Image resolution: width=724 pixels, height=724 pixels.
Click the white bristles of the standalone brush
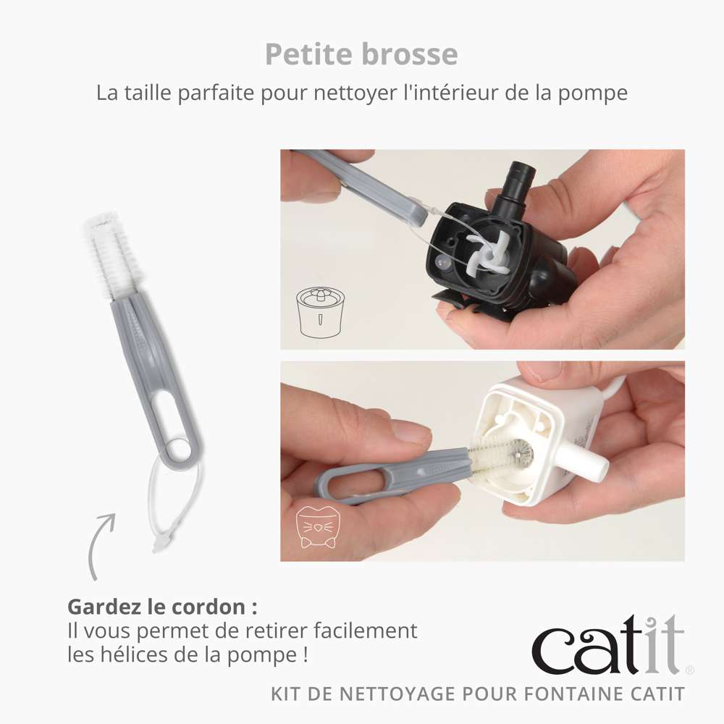tap(108, 256)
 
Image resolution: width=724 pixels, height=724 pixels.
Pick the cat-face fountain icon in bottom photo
tap(316, 528)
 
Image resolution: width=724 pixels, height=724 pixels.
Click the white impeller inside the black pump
tap(488, 252)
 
